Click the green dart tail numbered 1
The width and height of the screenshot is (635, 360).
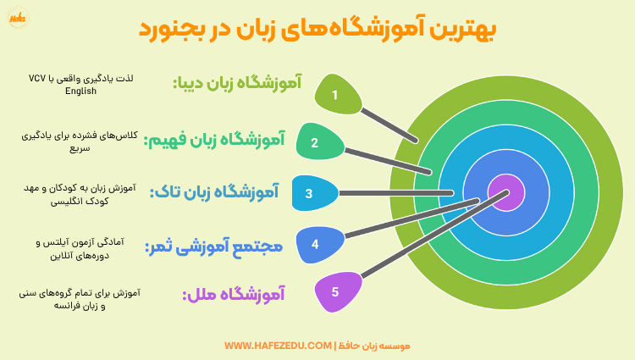click(336, 94)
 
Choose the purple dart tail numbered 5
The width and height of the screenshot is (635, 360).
click(336, 292)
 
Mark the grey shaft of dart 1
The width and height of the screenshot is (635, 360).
click(388, 124)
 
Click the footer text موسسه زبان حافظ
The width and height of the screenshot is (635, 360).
click(374, 346)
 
